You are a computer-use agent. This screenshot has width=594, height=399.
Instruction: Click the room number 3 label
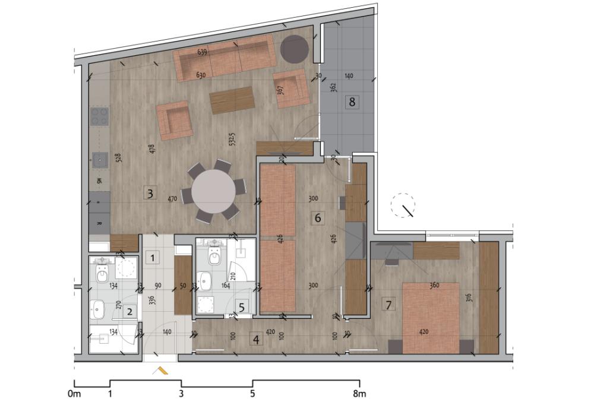click(x=150, y=193)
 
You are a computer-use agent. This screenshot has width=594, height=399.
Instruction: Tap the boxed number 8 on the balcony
click(x=352, y=102)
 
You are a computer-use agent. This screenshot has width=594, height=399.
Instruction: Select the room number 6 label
click(x=318, y=218)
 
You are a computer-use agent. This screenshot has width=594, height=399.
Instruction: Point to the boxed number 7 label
click(x=389, y=305)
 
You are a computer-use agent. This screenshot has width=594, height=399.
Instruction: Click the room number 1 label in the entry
click(x=153, y=258)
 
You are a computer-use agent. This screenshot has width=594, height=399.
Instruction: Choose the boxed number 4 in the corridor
click(x=256, y=340)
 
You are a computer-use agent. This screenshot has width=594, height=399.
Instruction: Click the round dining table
click(x=213, y=192)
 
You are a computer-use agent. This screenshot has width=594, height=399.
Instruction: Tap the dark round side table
click(x=294, y=49)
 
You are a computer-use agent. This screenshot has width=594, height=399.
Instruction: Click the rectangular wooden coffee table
click(x=232, y=100)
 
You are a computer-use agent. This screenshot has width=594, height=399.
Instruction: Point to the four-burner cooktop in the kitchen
click(x=99, y=116)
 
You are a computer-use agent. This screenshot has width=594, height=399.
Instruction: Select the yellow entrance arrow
click(x=161, y=371)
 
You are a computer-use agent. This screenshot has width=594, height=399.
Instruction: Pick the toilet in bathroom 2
click(x=102, y=274)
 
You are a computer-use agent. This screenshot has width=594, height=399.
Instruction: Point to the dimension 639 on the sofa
click(x=202, y=53)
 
